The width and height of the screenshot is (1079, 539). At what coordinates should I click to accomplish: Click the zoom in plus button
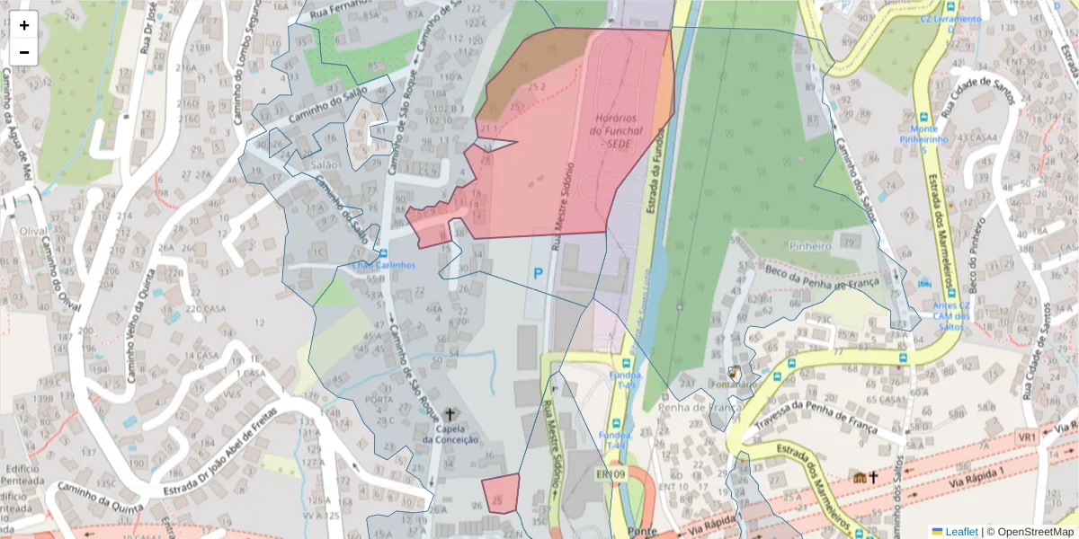[x=24, y=25]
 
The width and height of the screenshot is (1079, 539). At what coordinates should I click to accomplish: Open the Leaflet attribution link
[x=960, y=532]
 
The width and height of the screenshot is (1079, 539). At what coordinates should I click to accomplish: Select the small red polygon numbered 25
[x=501, y=493]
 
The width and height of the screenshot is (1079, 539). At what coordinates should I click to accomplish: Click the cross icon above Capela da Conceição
[x=450, y=414]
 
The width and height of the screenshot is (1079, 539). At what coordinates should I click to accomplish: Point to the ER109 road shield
[x=610, y=474]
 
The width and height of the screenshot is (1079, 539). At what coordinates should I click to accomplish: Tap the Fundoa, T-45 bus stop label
[x=626, y=379]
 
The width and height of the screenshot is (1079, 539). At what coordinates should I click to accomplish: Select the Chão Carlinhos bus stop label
[x=383, y=265]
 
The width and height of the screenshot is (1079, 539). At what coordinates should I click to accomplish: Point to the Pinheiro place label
[x=809, y=245]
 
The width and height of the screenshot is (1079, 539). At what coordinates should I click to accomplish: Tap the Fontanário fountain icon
[x=733, y=371]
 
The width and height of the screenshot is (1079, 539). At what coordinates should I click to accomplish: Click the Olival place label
[x=33, y=231]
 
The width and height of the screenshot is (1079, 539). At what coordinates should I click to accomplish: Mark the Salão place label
[x=325, y=165]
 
